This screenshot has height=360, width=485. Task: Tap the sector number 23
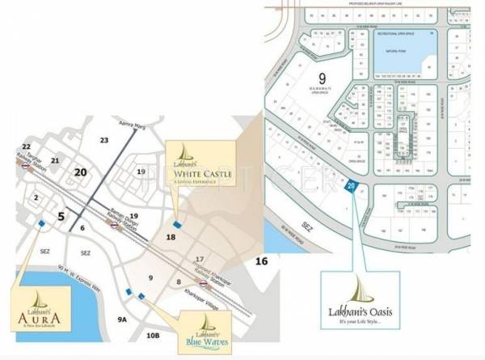click(x=103, y=140)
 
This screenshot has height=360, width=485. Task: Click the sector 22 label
click(x=27, y=147)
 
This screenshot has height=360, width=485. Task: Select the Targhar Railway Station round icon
click(x=27, y=171)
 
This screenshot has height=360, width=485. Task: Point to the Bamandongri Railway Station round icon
click(x=118, y=227)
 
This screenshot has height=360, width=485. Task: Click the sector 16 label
click(x=261, y=261)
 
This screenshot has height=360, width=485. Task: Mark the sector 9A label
click(x=123, y=320)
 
